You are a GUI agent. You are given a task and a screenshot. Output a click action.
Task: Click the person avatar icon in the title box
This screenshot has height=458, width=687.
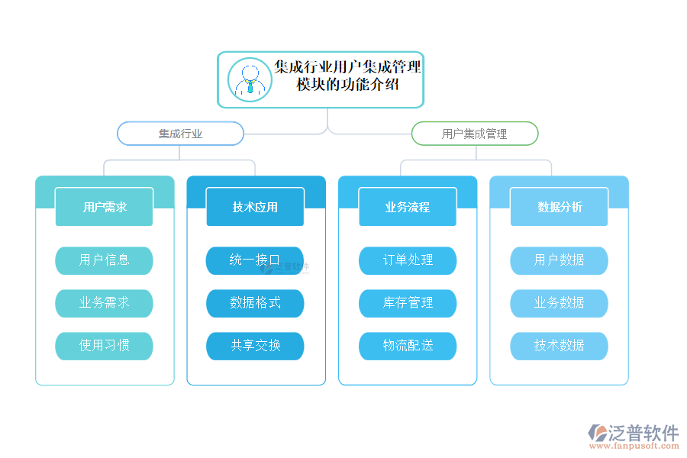(250, 80)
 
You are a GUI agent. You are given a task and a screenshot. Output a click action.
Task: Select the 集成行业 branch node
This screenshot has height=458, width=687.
(180, 134)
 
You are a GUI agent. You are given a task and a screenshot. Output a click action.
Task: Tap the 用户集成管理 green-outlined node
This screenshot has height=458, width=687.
(475, 134)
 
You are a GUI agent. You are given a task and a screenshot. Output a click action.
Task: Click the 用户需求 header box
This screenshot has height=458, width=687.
(104, 207)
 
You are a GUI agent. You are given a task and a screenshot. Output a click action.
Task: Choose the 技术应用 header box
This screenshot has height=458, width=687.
(255, 207)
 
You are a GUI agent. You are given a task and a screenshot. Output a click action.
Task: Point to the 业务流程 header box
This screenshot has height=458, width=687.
(408, 207)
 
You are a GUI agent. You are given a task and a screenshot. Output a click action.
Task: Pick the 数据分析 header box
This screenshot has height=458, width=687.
(559, 207)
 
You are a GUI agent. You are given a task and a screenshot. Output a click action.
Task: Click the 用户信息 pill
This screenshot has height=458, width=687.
(104, 260)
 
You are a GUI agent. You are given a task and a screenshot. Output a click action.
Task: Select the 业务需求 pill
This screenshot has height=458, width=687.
(104, 303)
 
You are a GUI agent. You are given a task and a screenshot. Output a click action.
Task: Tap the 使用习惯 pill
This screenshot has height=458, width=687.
(104, 346)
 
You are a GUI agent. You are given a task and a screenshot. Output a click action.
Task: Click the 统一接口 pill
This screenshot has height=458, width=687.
(255, 260)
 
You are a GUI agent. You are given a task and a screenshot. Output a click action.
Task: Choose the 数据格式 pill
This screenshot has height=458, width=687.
(255, 303)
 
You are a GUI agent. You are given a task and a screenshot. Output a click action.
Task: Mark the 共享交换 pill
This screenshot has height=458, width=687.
(255, 346)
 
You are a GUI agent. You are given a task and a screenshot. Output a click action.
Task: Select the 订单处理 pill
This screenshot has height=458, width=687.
(408, 260)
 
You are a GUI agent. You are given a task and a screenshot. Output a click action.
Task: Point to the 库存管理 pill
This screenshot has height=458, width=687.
(408, 303)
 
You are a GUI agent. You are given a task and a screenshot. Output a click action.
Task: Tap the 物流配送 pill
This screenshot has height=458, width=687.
(408, 346)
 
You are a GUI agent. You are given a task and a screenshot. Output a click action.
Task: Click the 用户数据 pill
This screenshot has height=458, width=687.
(559, 260)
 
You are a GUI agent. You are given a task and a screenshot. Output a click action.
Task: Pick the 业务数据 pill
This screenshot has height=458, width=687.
(559, 303)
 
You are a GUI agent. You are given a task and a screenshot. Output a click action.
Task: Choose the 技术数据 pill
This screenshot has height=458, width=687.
(559, 346)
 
